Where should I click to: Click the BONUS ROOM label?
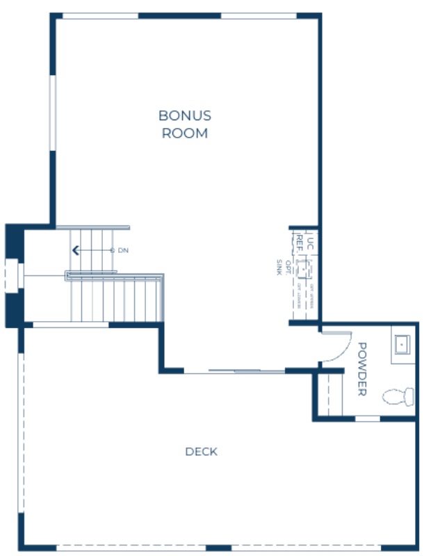pyautogui.click(x=185, y=124)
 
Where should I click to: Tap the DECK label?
pyautogui.click(x=201, y=452)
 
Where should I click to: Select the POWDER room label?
pyautogui.click(x=361, y=369)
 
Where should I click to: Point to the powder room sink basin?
pyautogui.click(x=402, y=343)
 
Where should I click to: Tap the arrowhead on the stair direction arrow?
pyautogui.click(x=75, y=250)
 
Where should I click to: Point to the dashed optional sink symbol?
pyautogui.click(x=302, y=268)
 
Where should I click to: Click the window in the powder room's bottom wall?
pyautogui.click(x=367, y=418)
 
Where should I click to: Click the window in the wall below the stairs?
pyautogui.click(x=70, y=325)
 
